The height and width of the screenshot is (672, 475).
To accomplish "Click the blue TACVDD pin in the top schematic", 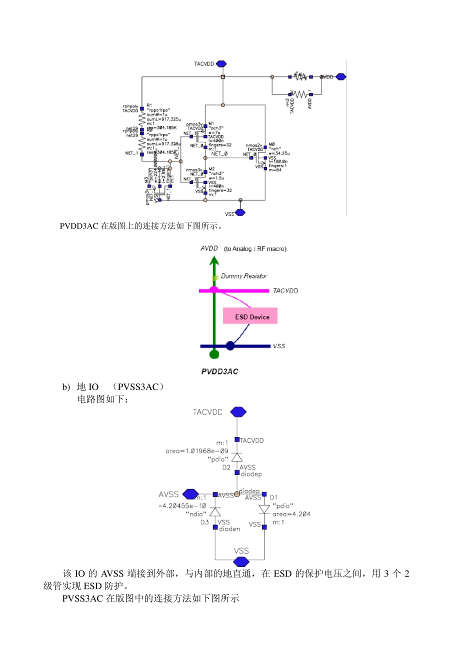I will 221,64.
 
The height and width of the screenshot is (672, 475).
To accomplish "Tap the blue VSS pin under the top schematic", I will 240,212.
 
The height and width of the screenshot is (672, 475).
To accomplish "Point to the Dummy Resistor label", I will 243,276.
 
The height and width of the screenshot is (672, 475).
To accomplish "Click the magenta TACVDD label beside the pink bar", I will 285,291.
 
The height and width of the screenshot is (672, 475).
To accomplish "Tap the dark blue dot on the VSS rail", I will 230,345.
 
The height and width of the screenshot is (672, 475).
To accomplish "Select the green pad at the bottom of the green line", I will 214,354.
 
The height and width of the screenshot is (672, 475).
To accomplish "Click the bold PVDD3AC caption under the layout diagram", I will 219,371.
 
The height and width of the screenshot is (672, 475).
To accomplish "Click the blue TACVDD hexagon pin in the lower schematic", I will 238,412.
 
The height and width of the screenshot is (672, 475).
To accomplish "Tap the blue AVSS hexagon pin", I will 190,494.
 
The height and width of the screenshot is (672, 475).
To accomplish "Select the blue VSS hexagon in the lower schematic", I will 241,561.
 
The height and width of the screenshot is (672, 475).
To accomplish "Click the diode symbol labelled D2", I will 237,457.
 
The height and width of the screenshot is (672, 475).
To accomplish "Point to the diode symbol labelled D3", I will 215,512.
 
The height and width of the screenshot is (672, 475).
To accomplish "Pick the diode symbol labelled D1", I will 264,509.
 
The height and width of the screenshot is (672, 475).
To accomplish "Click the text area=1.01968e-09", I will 196,451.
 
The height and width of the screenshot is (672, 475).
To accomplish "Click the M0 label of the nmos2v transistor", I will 271,144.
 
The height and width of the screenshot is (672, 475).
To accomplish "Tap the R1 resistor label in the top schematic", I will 149,105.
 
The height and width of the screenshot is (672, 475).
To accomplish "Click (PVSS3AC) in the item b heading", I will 138,387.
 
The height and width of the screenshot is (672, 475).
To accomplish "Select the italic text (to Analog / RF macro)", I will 255,248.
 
